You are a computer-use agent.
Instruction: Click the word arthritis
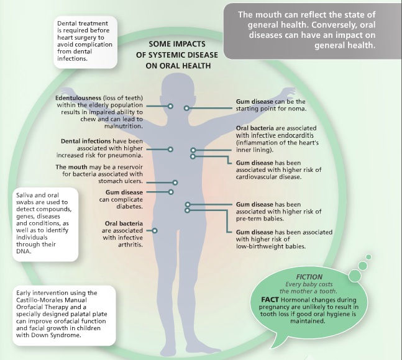(x=128, y=245)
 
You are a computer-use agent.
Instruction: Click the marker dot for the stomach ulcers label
(x=176, y=182)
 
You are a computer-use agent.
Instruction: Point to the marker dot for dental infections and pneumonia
(x=171, y=149)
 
